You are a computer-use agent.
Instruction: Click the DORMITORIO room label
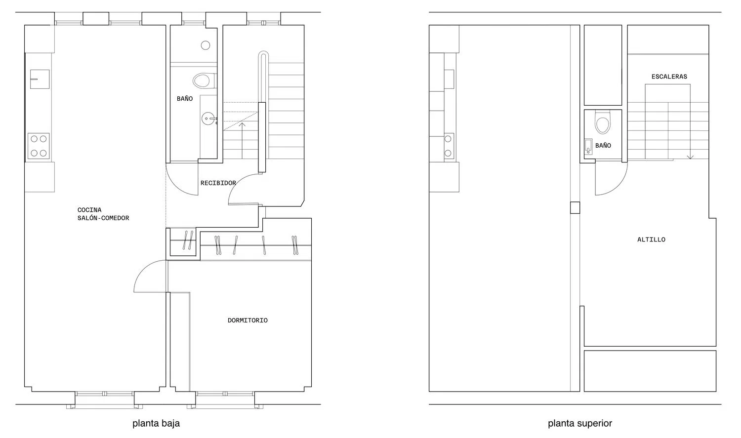click(247, 320)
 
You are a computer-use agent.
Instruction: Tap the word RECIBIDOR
click(218, 183)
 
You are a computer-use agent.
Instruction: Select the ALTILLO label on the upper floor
click(652, 239)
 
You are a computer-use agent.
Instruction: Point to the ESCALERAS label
click(669, 77)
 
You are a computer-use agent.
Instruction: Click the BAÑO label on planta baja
click(185, 98)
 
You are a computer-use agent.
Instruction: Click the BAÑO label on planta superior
click(603, 146)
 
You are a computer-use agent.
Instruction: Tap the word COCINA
click(89, 210)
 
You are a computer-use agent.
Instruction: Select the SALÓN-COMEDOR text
click(103, 218)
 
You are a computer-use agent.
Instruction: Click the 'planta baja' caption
click(156, 424)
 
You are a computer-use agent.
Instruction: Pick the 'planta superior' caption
click(580, 424)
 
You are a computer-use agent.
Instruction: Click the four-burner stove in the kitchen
click(39, 146)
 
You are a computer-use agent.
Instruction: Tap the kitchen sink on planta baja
click(40, 79)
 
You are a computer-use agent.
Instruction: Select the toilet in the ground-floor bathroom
click(204, 80)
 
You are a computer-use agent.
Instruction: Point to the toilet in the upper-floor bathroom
click(603, 121)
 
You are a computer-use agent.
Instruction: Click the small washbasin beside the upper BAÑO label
click(588, 147)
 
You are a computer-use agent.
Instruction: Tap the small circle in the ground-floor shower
click(206, 45)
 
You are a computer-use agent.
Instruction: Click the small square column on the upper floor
click(575, 207)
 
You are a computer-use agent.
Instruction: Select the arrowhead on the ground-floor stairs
click(242, 124)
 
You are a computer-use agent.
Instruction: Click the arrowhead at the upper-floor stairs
click(690, 158)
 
